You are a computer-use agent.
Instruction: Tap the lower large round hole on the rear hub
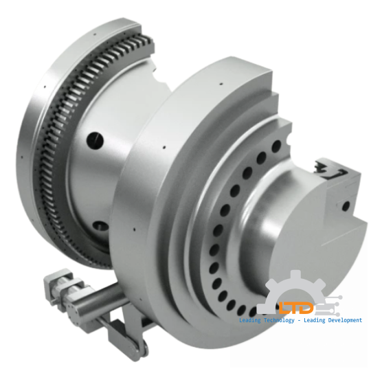(x=100, y=224)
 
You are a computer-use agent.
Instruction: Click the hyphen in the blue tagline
(x=304, y=322)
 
